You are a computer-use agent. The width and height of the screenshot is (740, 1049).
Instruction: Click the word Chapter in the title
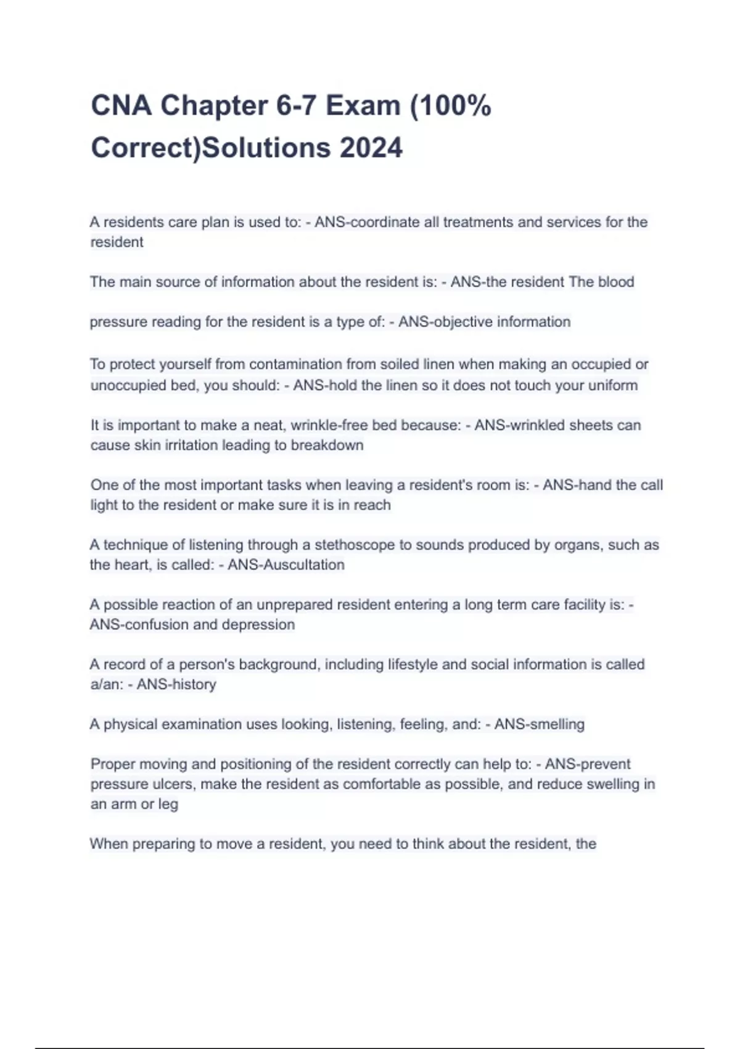214,106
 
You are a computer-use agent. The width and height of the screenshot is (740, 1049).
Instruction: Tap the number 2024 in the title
371,148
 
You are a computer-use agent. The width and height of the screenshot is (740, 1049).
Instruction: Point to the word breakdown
327,445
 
